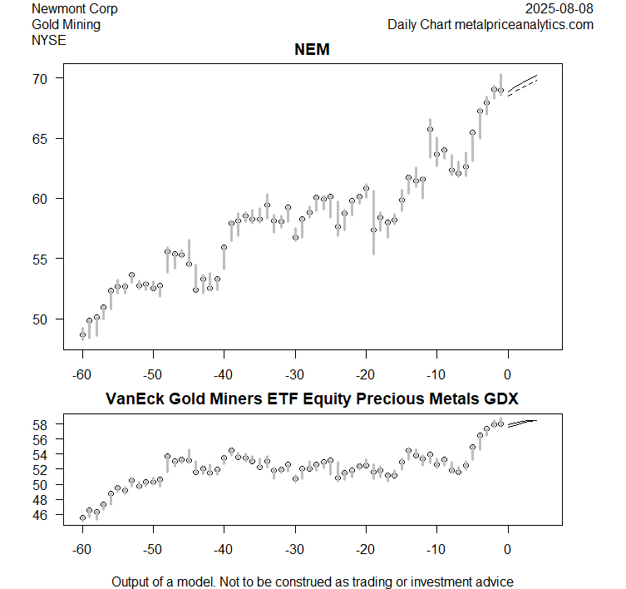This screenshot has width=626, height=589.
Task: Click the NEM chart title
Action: (x=313, y=51)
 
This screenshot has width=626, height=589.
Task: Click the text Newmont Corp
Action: (x=74, y=9)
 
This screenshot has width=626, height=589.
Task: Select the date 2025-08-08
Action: (x=559, y=9)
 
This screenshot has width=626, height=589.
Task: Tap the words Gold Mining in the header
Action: (x=66, y=25)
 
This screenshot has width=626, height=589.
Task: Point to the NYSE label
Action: (x=48, y=40)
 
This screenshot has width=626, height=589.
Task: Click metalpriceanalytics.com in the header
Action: (x=524, y=25)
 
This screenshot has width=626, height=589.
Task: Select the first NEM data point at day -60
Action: (x=82, y=335)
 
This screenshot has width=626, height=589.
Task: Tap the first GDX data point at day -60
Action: (x=82, y=517)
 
